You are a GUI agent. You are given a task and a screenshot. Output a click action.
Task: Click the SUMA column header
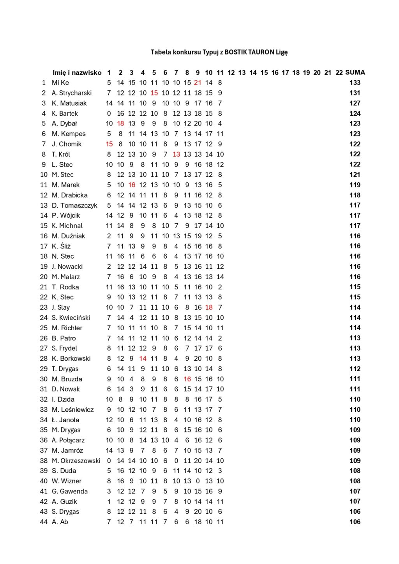[x=355, y=72]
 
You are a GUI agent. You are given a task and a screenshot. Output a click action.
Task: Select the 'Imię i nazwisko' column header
[x=77, y=73]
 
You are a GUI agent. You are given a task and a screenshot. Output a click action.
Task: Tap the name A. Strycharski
[x=72, y=93]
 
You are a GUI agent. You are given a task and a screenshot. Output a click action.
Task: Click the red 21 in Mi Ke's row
[x=198, y=83]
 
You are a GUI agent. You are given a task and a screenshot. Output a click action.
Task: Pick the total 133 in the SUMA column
[x=355, y=83]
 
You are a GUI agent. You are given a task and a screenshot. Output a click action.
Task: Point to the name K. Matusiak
[x=69, y=103]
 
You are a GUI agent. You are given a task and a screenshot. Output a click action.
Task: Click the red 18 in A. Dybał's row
[x=120, y=123]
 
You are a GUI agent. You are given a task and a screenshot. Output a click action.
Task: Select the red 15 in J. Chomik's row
[x=109, y=144]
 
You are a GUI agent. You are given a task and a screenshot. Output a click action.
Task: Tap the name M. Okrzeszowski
[x=76, y=461]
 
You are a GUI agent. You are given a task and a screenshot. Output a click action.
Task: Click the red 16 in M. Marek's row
[x=132, y=185]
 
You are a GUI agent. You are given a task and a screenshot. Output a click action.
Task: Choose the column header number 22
[x=339, y=73]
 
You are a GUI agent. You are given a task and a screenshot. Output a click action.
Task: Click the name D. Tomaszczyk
[x=74, y=205]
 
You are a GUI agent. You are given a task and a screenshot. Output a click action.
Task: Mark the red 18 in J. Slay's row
[x=209, y=307]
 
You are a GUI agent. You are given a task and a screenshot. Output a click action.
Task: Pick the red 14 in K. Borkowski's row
[x=143, y=358]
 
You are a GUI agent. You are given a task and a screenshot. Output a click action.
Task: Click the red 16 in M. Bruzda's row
[x=187, y=379]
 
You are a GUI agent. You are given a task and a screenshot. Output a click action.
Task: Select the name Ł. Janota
[x=65, y=420]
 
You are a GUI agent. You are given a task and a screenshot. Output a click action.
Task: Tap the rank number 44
[x=44, y=522]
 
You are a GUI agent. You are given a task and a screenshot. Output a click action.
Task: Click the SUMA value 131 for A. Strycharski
[x=355, y=93]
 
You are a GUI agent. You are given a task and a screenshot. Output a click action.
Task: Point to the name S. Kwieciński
[x=71, y=318]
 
